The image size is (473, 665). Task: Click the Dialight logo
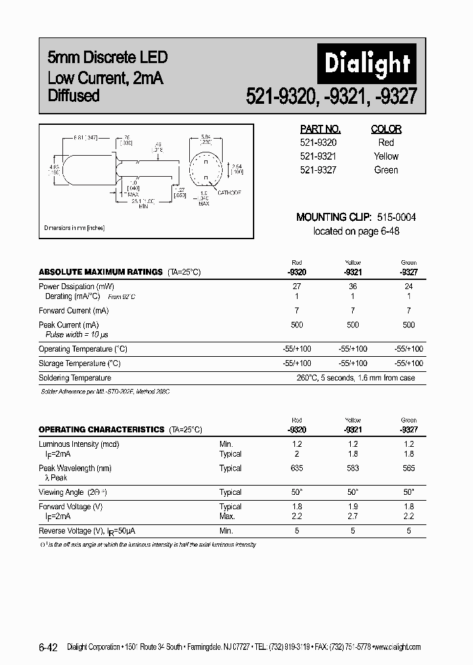pos(367,64)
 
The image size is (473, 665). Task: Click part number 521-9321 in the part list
pos(318,156)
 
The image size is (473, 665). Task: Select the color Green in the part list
pos(386,170)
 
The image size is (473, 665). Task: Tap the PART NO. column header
pos(320,129)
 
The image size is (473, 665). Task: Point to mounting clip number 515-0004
pos(396,217)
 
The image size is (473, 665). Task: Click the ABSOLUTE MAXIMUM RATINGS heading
pos(100,271)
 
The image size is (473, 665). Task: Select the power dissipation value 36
pos(353,287)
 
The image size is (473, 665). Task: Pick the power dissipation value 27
pos(296,287)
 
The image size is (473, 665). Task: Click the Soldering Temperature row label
pos(75,378)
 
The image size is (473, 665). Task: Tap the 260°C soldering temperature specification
pos(356,378)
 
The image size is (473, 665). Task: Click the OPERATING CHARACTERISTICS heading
pos(101,429)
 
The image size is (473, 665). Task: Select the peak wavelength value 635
pos(296,469)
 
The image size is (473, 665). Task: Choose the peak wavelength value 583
pos(353,469)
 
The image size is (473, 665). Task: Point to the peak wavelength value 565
pos(409,469)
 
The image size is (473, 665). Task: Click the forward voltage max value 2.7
pos(353,516)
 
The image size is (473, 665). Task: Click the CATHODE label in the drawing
pos(229,193)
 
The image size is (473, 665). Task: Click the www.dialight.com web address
pos(396,647)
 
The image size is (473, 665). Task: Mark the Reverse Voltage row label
pos(87,530)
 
